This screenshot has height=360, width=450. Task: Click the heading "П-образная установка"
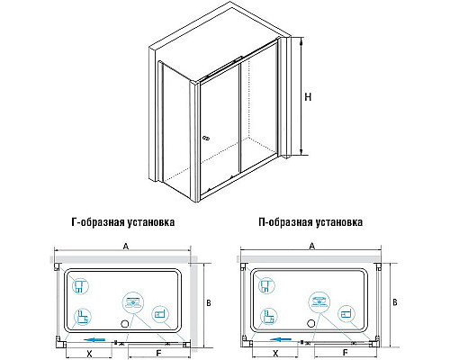coord(310,220)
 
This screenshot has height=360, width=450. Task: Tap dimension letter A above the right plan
coord(311,246)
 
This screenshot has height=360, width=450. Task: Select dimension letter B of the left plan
coord(206,302)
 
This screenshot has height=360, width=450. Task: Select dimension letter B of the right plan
coord(392,302)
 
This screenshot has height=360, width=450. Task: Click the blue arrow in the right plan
coord(281,341)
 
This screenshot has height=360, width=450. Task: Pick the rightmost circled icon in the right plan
coord(347,314)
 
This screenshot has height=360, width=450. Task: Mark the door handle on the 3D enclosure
coord(206,137)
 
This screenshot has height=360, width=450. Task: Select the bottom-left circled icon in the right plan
coord(265,316)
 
